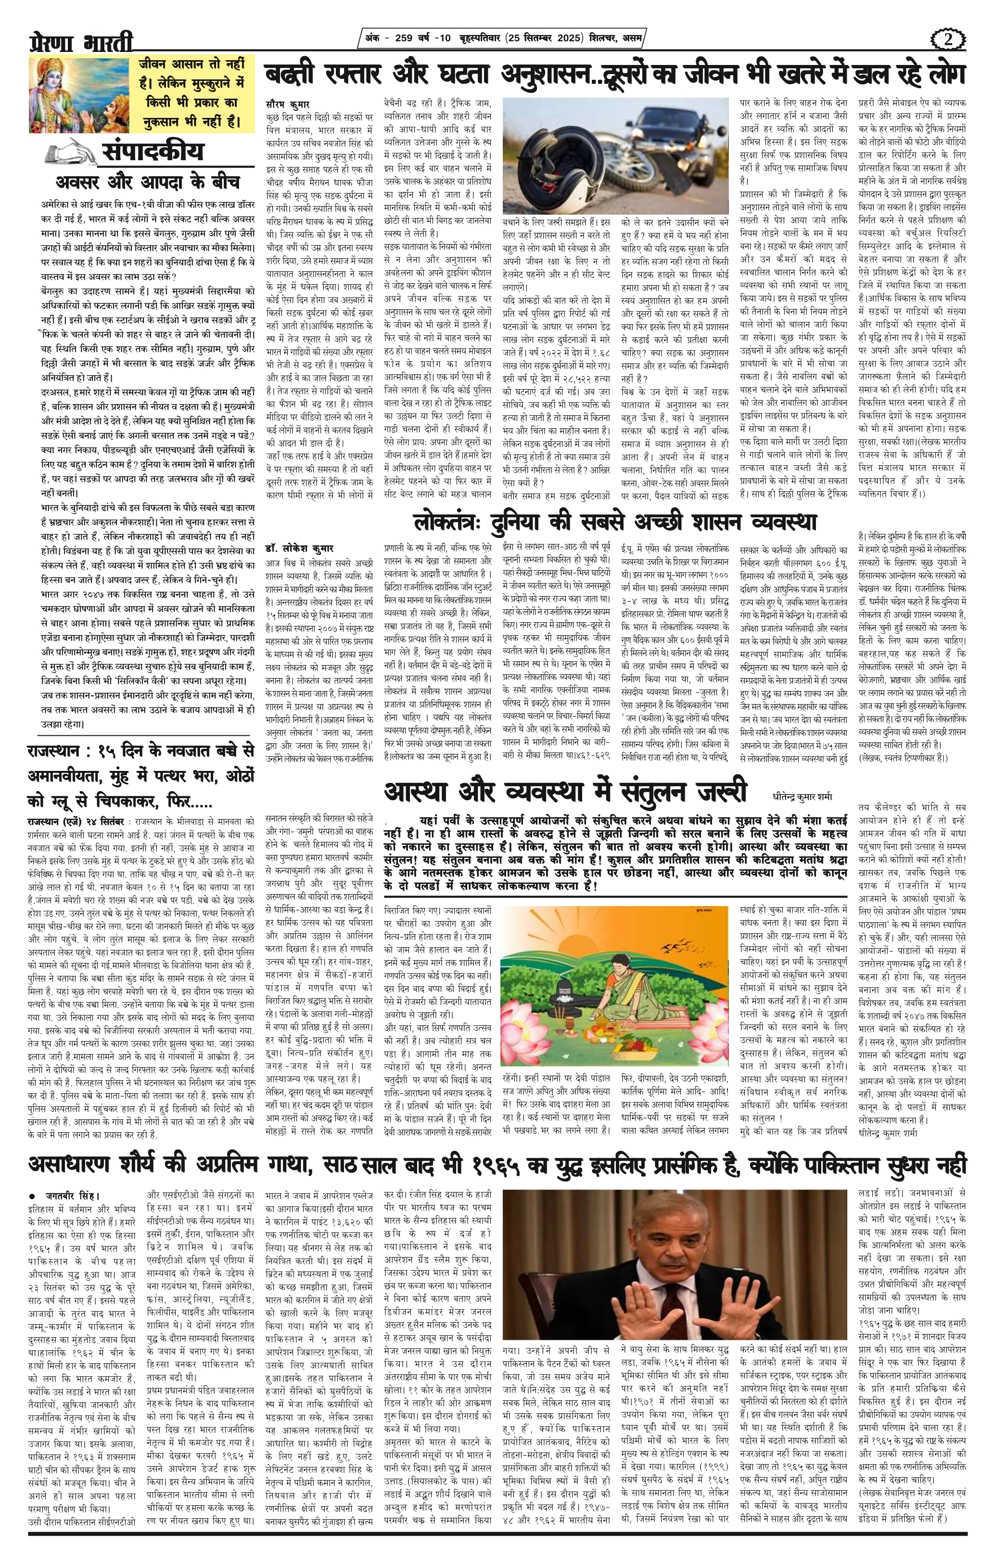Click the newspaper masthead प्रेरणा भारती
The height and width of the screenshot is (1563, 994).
click(80, 43)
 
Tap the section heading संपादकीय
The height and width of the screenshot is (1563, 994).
click(153, 153)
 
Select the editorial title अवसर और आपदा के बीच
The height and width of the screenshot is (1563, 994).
click(148, 181)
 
